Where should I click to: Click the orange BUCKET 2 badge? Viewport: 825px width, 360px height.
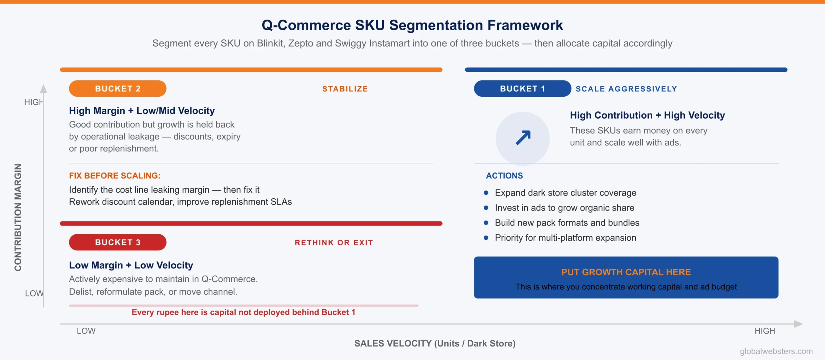(118, 89)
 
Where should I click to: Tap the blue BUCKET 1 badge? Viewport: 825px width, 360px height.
(522, 89)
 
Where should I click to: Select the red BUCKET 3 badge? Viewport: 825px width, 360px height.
(118, 242)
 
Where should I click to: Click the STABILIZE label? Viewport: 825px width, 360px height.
(345, 89)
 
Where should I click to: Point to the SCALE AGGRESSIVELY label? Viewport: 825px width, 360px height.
(626, 89)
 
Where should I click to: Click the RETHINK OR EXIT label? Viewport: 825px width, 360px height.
(334, 243)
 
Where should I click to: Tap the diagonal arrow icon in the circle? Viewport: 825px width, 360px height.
(523, 138)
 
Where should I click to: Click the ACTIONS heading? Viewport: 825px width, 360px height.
(504, 176)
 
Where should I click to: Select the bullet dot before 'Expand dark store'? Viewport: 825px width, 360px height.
(486, 193)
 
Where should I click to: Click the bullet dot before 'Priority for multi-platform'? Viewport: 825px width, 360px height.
(486, 238)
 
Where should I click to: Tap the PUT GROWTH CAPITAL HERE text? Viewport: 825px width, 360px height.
(626, 272)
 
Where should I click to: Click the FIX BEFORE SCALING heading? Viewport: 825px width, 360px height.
(114, 176)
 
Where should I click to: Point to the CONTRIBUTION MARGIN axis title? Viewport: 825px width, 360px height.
(18, 218)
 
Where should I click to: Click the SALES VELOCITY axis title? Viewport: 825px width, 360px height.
(435, 344)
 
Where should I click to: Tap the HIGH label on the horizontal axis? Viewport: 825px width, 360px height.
(764, 331)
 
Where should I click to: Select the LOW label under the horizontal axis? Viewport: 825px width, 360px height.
(86, 331)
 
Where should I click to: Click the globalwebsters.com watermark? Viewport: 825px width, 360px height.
(776, 351)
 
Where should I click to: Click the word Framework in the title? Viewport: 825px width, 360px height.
(525, 25)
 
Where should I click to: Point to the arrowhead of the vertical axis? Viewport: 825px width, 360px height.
(44, 89)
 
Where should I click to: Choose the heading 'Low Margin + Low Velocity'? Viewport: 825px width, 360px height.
(131, 265)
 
